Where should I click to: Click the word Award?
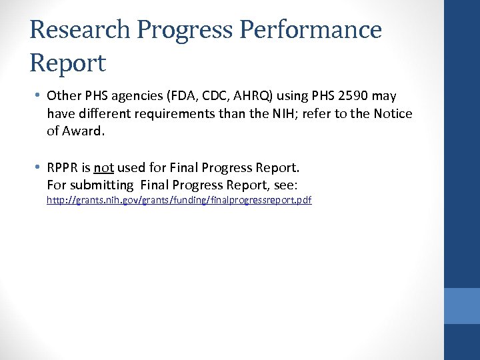[x=83, y=131]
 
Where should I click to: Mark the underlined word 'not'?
[x=104, y=167]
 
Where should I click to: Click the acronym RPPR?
[x=64, y=167]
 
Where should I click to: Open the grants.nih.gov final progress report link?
[x=179, y=200]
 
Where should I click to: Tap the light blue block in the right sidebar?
[x=461, y=305]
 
